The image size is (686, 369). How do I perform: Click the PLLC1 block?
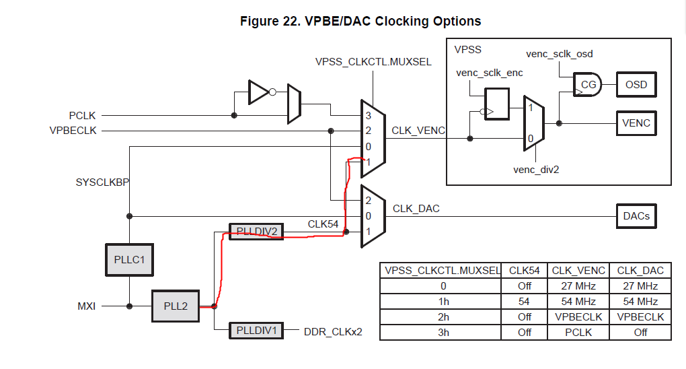click(129, 259)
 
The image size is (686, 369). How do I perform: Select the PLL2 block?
click(175, 306)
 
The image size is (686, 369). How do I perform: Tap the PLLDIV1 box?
click(256, 331)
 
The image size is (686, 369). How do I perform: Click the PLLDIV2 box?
click(256, 232)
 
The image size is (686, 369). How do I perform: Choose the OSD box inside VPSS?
click(636, 85)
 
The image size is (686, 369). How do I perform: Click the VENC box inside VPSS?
click(636, 123)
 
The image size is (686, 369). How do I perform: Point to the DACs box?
click(636, 216)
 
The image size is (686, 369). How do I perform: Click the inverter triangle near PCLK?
click(258, 92)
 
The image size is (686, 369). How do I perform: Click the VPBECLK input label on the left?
click(73, 131)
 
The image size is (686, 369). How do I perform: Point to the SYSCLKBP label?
click(102, 182)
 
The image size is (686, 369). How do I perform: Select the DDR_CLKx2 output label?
click(333, 331)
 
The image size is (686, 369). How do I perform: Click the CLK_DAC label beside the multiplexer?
click(416, 209)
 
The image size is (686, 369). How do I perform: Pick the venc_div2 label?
click(536, 169)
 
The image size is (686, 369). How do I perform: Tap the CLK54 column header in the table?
click(525, 271)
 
